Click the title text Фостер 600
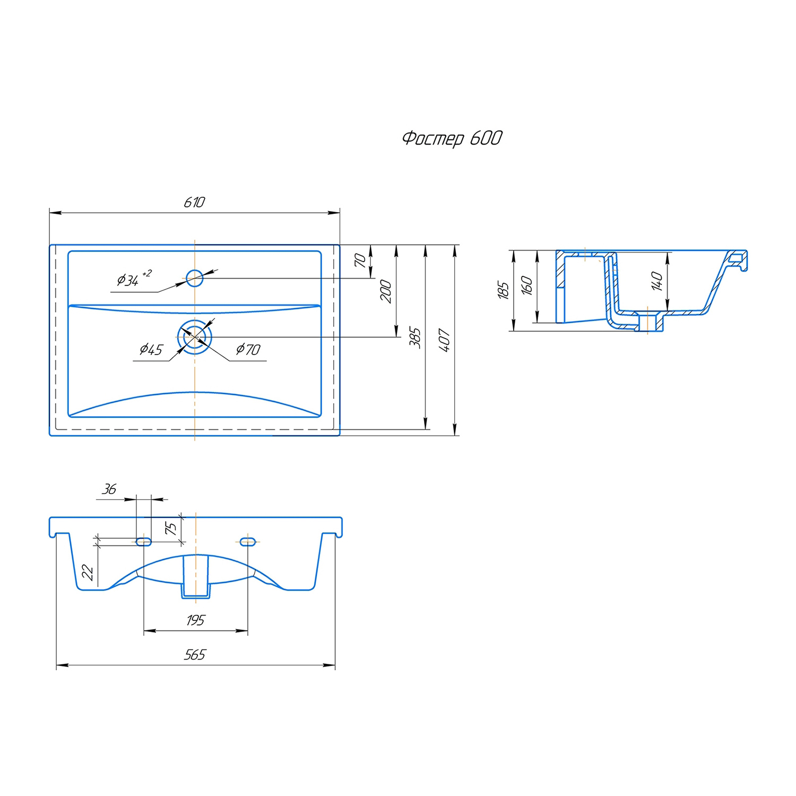452,139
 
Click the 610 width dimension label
194,202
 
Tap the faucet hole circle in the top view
194,278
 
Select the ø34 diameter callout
134,279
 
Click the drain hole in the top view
195,337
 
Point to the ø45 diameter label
151,349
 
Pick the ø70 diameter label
248,349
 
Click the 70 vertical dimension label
360,260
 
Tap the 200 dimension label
386,291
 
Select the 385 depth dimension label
415,338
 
